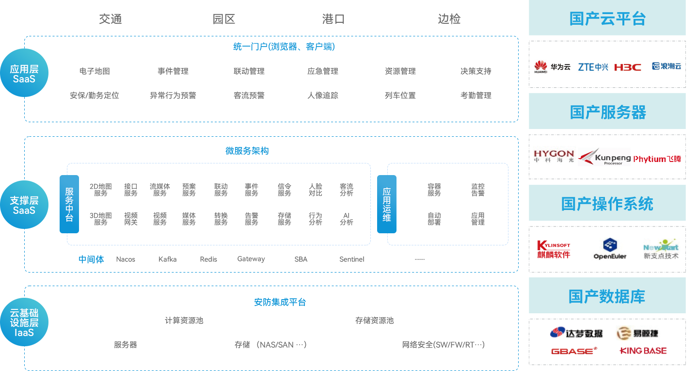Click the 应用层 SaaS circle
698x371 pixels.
[x=24, y=73]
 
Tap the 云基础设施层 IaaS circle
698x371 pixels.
[x=24, y=322]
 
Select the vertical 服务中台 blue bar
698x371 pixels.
[x=69, y=204]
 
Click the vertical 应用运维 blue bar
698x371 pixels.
[x=386, y=204]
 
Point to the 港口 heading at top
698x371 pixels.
[x=333, y=19]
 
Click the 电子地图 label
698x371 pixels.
[x=95, y=71]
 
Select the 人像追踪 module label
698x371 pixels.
[x=323, y=96]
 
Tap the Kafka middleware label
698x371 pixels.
[x=167, y=259]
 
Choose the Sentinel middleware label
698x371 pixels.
[x=351, y=259]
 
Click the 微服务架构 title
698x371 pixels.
[x=247, y=151]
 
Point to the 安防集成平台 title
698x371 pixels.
[x=280, y=302]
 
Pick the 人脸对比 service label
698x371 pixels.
[x=316, y=190]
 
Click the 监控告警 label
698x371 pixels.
[x=478, y=190]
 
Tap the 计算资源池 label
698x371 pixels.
[x=184, y=321]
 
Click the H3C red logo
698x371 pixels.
[x=627, y=67]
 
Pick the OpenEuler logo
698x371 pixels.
[x=610, y=249]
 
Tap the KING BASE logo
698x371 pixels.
[x=643, y=351]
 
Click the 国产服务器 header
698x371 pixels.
[x=608, y=112]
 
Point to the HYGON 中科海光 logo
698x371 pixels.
[x=554, y=156]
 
